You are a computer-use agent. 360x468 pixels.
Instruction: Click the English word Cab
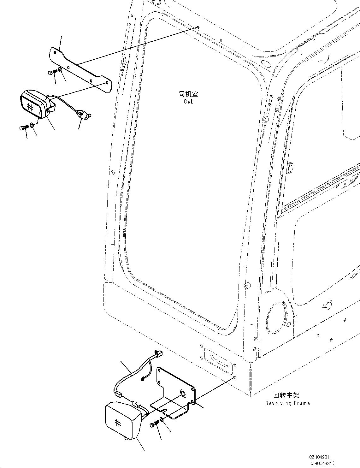(188, 102)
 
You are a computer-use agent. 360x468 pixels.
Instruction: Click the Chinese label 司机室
(188, 94)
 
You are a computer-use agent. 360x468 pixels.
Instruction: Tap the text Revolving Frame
(287, 403)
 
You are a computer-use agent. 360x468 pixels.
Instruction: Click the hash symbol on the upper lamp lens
(31, 107)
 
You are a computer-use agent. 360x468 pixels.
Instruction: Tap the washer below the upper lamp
(32, 125)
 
